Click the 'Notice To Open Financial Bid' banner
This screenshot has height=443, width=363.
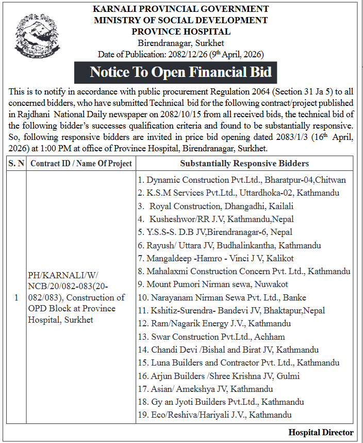180,72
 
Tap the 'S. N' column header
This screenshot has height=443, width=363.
15,164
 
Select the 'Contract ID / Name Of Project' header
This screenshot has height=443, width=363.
81,164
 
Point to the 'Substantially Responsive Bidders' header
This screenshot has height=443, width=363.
244,164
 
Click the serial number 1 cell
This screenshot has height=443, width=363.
16,297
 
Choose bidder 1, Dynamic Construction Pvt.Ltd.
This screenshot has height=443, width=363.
241,180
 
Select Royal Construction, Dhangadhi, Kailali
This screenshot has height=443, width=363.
223,206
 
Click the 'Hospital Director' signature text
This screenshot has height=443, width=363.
321,433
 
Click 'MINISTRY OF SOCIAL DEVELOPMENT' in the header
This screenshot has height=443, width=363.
180,21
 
